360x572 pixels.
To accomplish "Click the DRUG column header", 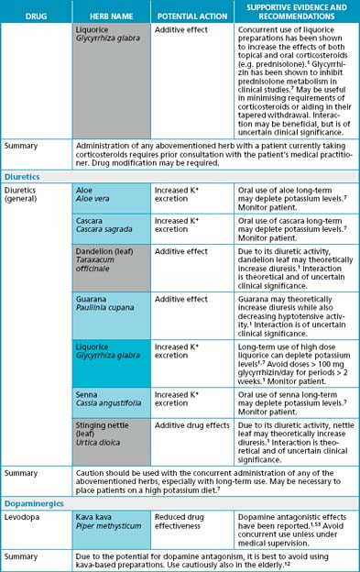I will [x=36, y=16].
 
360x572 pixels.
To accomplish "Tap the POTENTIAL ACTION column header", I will [x=186, y=16].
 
